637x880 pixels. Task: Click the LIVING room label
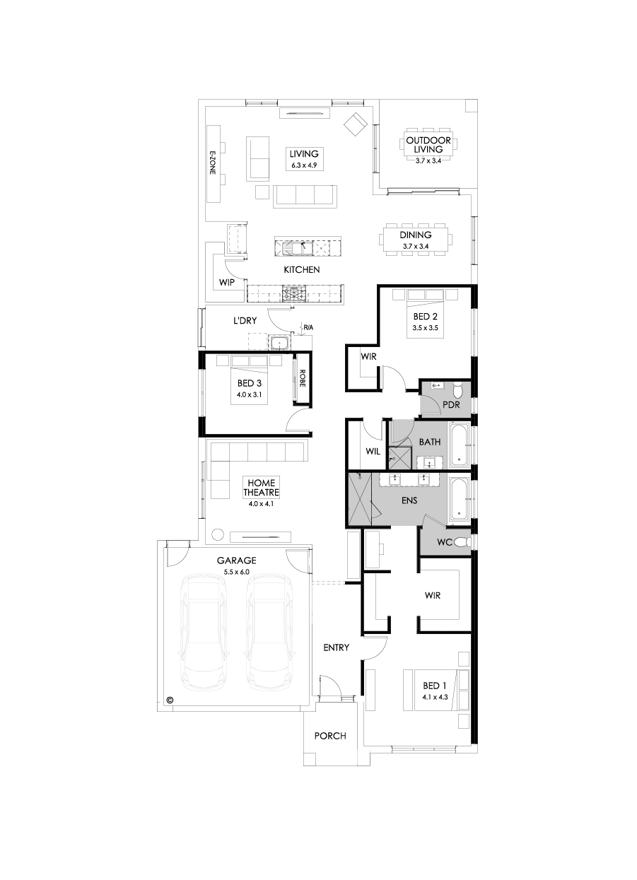304,158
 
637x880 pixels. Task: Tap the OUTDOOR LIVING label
423,145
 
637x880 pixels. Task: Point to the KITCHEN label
302,269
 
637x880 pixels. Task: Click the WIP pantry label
226,282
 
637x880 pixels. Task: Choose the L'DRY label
245,320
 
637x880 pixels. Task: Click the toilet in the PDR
457,389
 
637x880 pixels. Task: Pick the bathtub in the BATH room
458,446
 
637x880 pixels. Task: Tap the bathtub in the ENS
459,499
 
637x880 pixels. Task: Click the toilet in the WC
461,543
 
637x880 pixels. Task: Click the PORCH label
330,736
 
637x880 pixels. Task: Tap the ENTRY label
336,647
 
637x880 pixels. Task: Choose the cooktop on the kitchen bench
294,291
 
